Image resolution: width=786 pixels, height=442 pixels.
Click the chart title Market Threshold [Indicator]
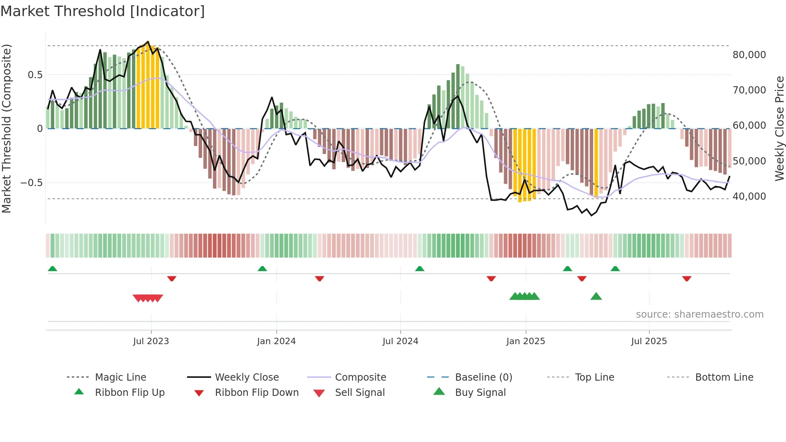103,11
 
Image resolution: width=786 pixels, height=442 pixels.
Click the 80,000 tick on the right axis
749,55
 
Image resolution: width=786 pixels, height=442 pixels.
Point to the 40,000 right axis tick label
749,197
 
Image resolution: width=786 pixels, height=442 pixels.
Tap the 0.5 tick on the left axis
35,75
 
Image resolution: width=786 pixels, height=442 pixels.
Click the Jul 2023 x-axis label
151,341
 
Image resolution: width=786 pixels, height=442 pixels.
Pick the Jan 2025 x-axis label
525,341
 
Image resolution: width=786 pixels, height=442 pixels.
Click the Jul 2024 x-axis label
400,341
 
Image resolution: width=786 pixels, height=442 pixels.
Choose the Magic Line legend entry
120,377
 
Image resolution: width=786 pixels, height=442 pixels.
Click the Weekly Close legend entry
247,377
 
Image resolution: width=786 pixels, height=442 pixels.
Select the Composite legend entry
361,377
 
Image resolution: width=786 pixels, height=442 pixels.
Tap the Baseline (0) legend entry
484,377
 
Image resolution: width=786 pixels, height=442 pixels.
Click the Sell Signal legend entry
360,393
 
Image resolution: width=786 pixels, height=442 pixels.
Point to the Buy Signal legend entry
480,393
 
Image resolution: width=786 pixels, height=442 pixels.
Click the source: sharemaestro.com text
699,314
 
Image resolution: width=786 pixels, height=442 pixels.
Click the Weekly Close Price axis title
779,128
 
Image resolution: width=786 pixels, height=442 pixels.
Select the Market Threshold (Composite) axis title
6,128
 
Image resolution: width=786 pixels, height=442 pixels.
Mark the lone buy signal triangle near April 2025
596,296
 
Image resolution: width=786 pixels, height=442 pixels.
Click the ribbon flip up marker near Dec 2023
262,269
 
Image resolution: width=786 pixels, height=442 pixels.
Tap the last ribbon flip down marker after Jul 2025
687,278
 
